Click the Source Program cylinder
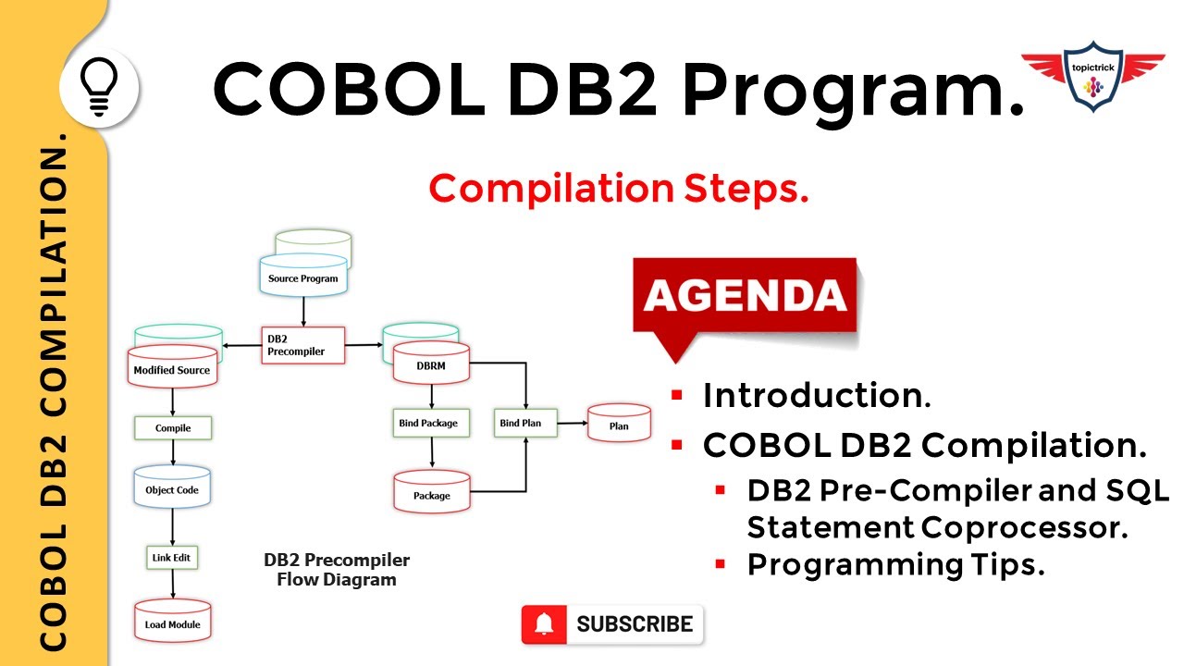pos(303,277)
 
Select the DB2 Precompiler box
pos(303,345)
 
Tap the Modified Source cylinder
pos(172,369)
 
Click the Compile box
pos(173,428)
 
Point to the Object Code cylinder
pos(172,489)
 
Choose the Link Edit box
pos(173,558)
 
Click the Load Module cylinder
pos(172,623)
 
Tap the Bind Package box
pos(427,424)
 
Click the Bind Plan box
pos(521,424)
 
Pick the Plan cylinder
pos(619,425)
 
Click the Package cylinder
pos(432,495)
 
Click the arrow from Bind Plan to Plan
pos(572,424)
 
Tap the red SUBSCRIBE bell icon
pos(546,624)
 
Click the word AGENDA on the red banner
pos(746,296)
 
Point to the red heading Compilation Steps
pos(619,189)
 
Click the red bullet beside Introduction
pos(677,396)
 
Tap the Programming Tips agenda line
pos(895,564)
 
